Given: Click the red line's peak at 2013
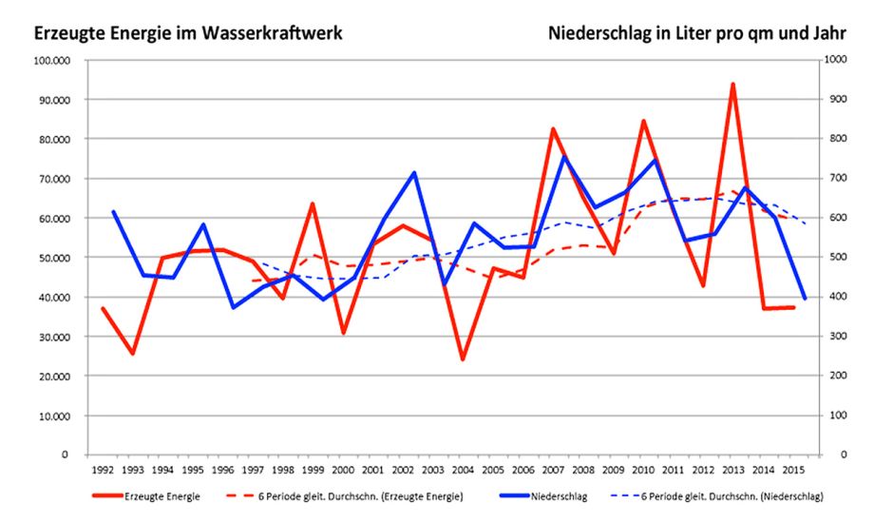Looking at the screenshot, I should (733, 85).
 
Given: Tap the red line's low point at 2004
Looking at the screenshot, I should (463, 359).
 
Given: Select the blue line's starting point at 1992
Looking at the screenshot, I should (113, 212).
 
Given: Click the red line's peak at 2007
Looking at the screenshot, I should (553, 129).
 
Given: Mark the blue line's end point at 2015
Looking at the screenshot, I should (805, 299).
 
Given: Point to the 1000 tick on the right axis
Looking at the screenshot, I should (836, 60).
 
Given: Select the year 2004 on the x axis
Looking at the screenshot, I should (463, 471).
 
